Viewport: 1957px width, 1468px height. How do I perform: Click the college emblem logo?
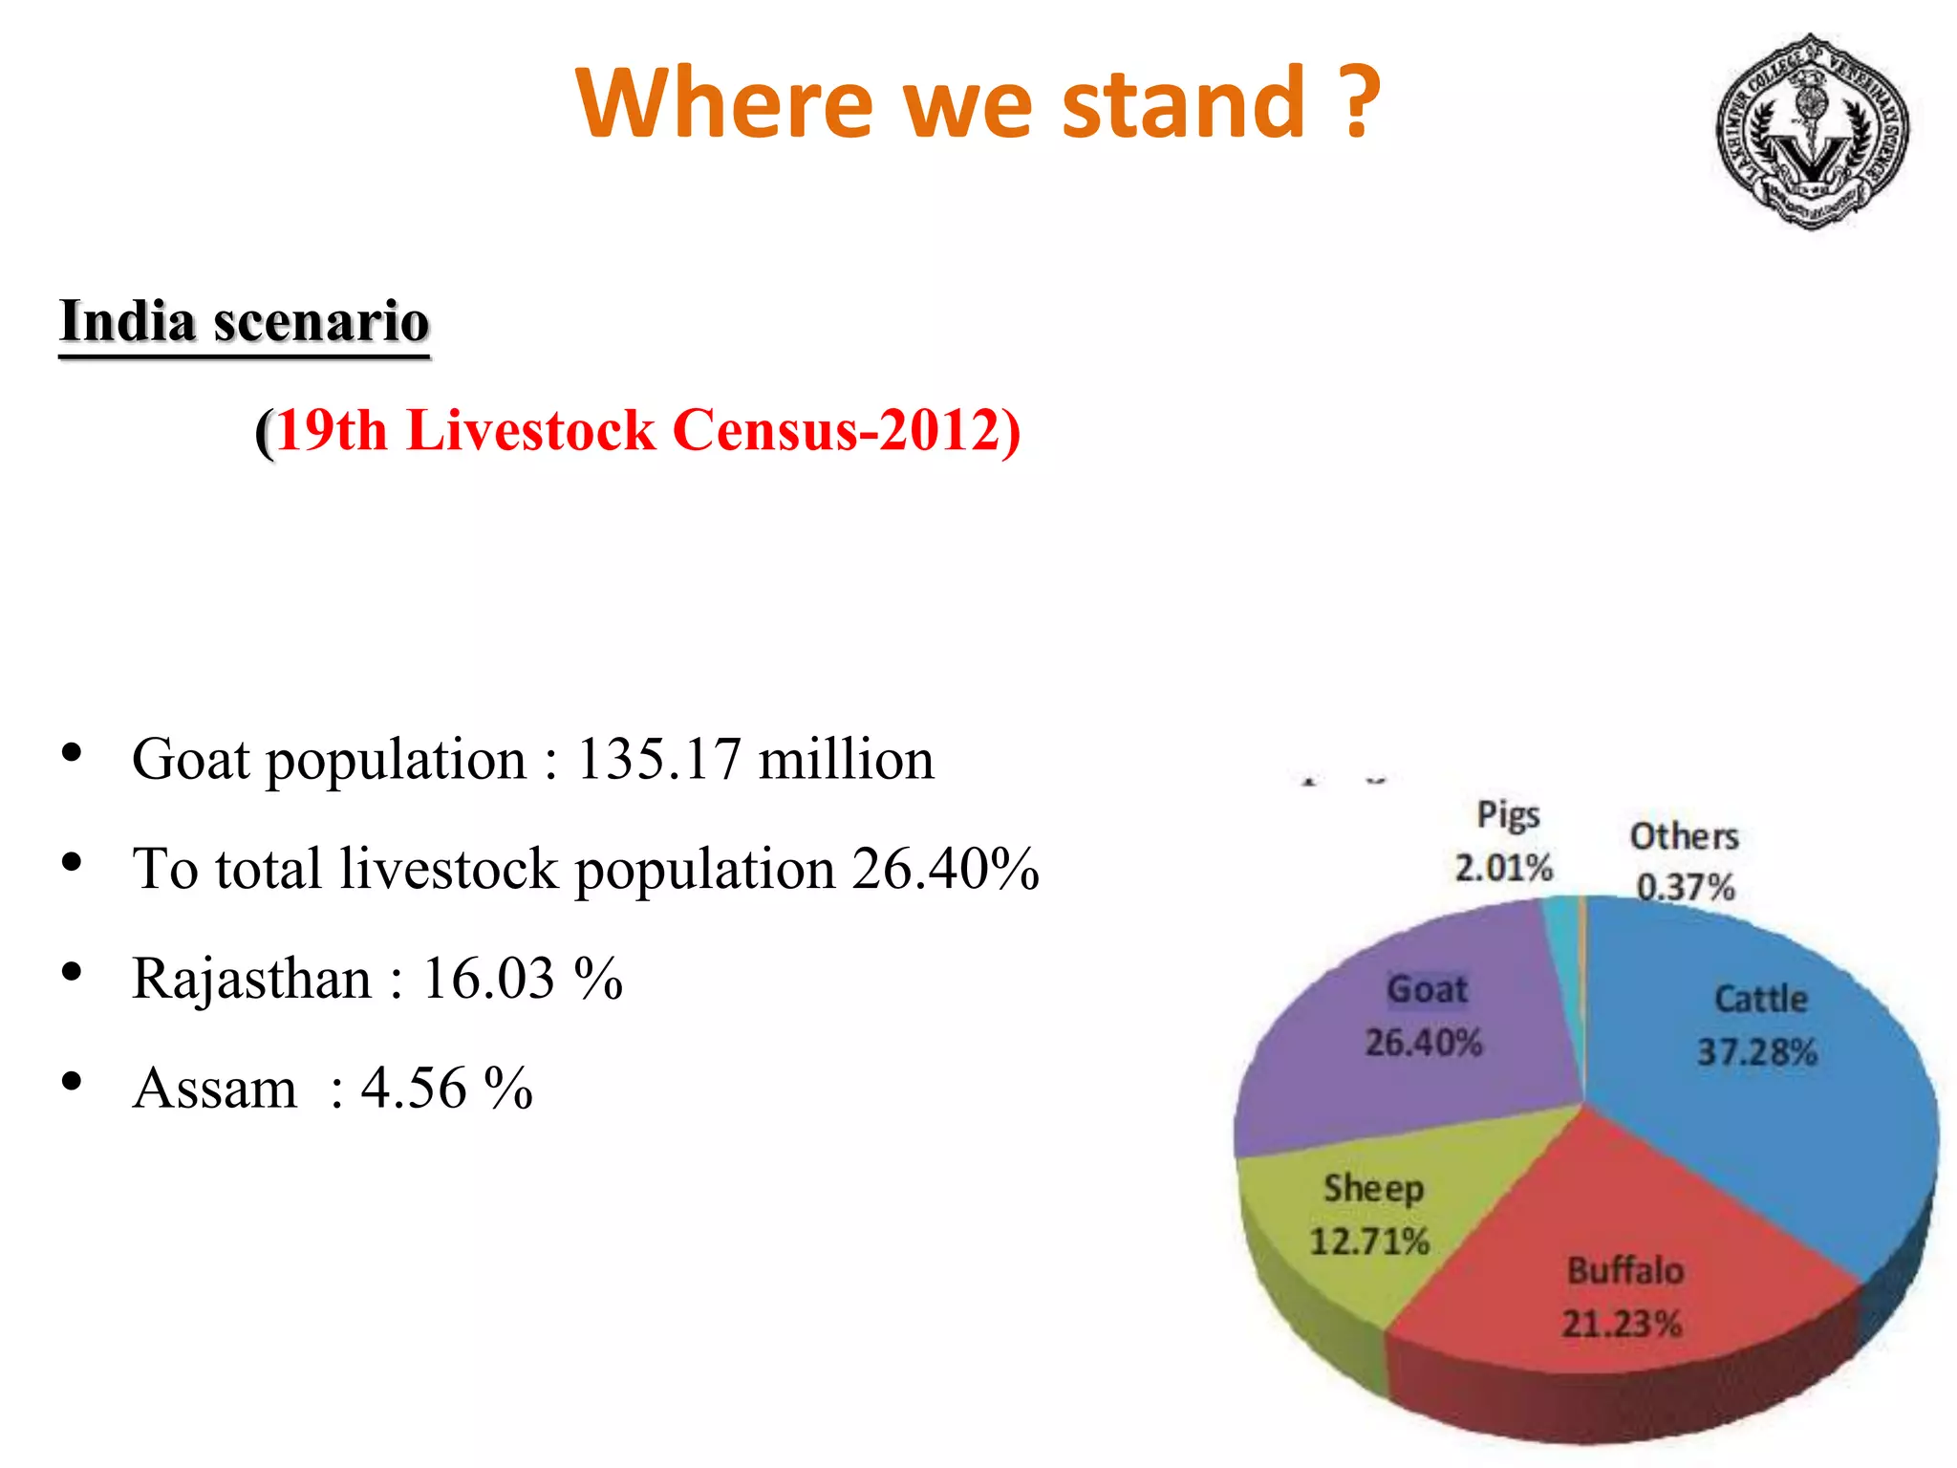[1812, 131]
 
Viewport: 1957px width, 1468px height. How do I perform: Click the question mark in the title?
[1358, 102]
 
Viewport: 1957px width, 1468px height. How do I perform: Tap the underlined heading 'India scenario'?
[245, 321]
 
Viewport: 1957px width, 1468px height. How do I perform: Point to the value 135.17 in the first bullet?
[658, 760]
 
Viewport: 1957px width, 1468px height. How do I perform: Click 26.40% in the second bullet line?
[944, 870]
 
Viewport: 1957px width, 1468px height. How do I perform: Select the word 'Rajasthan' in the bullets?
[251, 980]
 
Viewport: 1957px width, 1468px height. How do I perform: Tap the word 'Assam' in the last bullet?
[215, 1089]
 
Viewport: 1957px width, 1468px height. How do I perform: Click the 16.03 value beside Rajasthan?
[488, 980]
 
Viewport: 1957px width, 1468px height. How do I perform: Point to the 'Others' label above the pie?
[1684, 836]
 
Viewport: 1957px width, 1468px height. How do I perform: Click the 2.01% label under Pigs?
[1503, 868]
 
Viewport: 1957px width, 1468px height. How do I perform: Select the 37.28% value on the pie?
[1756, 1052]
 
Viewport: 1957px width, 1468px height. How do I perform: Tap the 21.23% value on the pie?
[1622, 1324]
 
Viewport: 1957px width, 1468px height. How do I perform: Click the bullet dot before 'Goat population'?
[71, 753]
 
